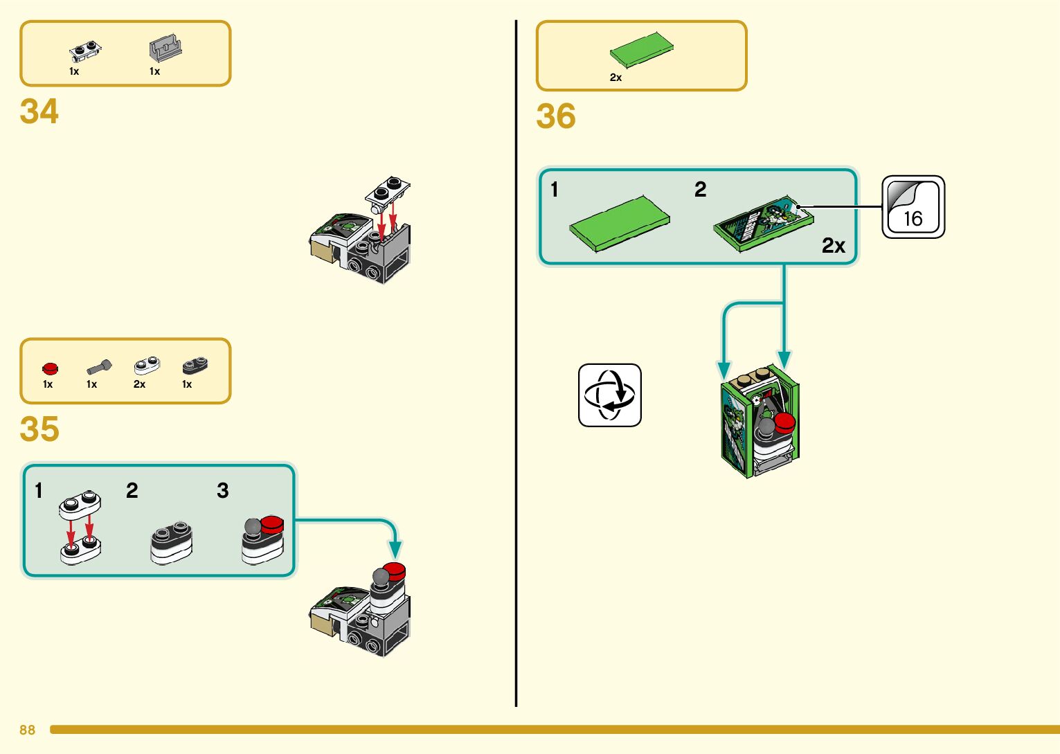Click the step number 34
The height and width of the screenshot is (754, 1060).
tap(39, 111)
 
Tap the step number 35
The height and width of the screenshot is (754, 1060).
tap(39, 429)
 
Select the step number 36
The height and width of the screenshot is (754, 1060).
tap(556, 116)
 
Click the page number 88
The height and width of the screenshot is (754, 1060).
tap(27, 730)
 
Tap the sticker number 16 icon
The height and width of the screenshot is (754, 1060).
tap(913, 207)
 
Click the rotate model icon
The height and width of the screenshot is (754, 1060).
tap(609, 395)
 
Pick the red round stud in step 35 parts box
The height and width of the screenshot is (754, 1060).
tap(50, 368)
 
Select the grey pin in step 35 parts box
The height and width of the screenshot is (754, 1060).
tap(99, 366)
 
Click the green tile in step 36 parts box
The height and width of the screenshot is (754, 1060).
tap(641, 50)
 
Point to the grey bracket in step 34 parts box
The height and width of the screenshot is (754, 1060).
tap(165, 49)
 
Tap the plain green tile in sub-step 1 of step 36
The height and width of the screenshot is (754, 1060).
tap(620, 224)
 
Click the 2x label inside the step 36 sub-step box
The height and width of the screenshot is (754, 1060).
tap(834, 246)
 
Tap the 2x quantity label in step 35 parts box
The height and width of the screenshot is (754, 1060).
tap(139, 384)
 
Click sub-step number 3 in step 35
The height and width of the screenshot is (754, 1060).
tap(222, 491)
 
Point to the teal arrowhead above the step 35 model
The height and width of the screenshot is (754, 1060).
tap(395, 550)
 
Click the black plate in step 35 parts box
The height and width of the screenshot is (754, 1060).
tap(195, 365)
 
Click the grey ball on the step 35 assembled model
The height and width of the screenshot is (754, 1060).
tap(381, 576)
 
